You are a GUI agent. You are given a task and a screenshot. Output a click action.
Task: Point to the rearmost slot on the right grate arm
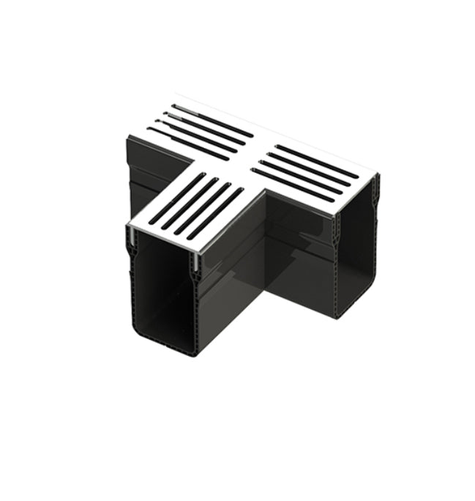tap(317, 161)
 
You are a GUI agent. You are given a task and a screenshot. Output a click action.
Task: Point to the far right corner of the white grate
tap(378, 179)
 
